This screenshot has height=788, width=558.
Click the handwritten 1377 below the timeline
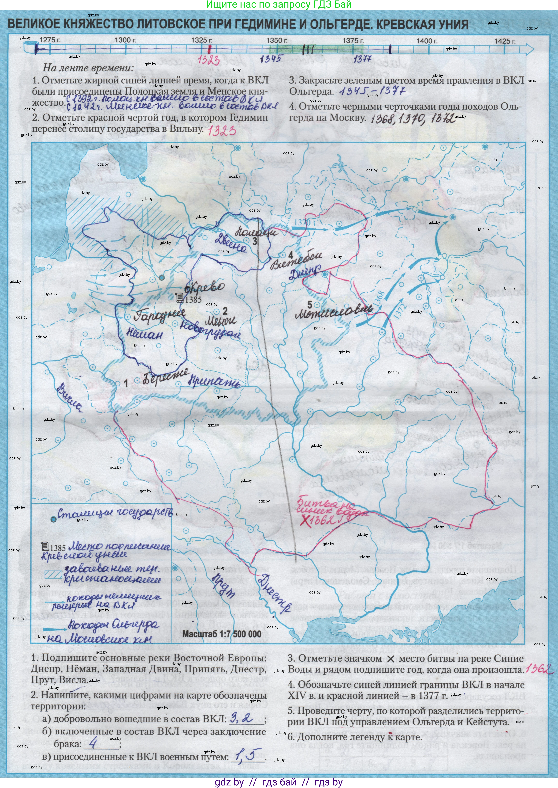[362, 59]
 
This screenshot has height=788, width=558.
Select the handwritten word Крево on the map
[205, 287]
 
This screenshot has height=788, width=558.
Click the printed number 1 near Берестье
[126, 383]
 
